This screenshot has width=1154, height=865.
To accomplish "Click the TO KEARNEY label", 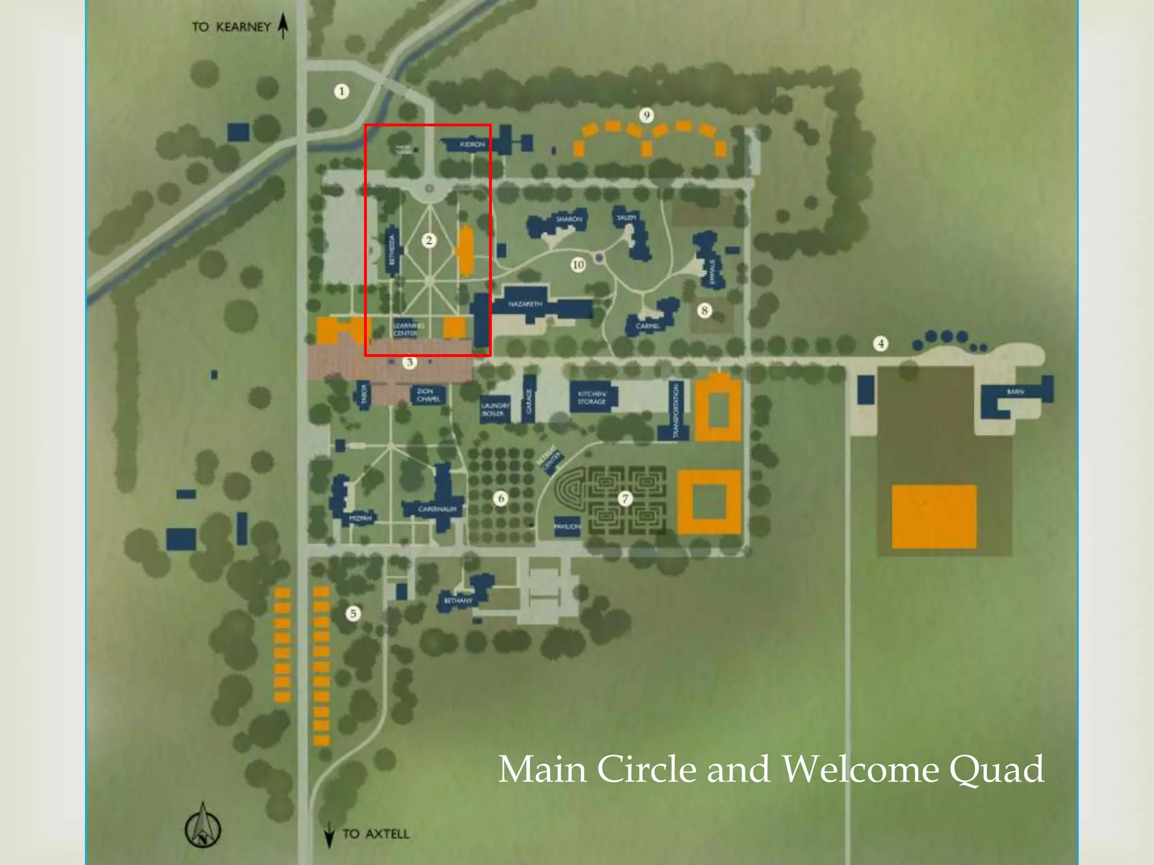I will pos(232,27).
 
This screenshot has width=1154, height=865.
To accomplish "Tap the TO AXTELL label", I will pos(376,833).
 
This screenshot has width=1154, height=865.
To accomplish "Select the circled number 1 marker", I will pos(341,91).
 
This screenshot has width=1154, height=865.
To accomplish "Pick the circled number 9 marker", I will pos(646,115).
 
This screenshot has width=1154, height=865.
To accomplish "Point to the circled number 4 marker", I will pos(881,344).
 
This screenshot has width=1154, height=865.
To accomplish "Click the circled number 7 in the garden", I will pos(624,498).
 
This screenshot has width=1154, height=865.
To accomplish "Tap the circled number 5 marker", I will pos(353,613).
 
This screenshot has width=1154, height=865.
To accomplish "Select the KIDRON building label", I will pos(472,145).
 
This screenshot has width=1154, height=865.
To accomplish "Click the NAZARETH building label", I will pos(525,304).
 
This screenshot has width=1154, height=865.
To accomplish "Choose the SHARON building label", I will pos(569,219).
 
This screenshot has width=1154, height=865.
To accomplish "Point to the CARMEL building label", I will pos(647,326).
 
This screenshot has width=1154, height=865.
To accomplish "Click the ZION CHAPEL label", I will pos(428,395).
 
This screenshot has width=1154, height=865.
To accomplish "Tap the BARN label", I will pos(1015,391).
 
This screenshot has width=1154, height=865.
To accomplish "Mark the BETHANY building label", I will pos(458,600).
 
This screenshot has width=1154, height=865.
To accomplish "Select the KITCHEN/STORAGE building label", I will pos(592,398).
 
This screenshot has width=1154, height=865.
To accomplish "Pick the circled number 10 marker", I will pos(578,265).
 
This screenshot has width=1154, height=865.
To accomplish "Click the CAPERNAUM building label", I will pos(437,509).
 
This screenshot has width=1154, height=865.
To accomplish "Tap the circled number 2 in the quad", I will pos(429,240).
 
